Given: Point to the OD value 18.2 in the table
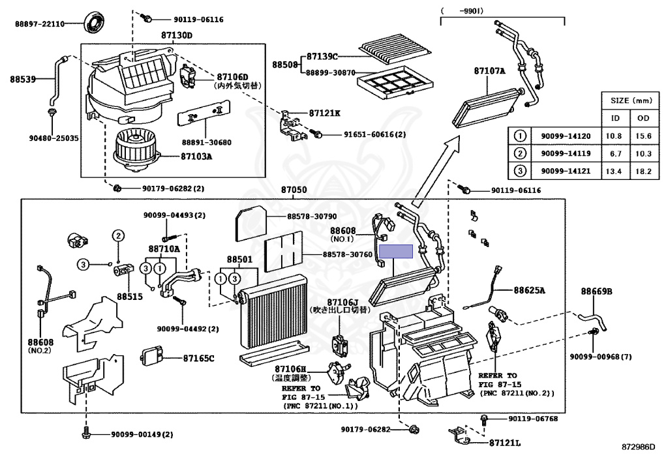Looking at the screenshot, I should point(645,171).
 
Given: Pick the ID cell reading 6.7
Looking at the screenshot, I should point(615,153).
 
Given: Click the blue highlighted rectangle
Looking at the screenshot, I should point(397,252).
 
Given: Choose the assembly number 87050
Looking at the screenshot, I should point(294,190).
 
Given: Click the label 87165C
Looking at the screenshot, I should point(198,359).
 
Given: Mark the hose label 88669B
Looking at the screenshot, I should point(597,291).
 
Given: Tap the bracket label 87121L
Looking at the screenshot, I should point(506,443).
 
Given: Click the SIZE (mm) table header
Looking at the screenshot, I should point(630,101).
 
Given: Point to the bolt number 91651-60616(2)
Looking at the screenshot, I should point(375,134).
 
